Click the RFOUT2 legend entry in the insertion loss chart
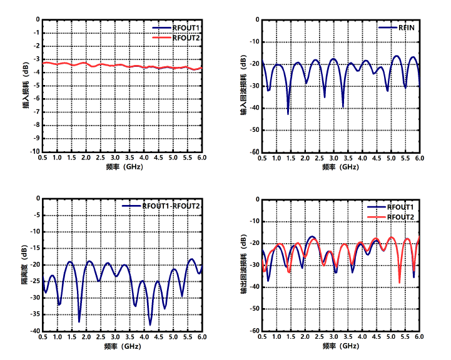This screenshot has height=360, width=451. pos(186,38)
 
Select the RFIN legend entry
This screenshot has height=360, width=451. pos(406,28)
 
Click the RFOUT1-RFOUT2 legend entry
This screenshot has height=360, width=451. pos(170,206)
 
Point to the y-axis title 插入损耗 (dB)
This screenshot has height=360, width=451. pos(26,85)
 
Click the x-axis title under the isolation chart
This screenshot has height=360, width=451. pos(123,346)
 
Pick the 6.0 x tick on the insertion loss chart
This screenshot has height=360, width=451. pos(202,159)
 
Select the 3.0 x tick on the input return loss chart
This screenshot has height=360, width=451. pos(333,159)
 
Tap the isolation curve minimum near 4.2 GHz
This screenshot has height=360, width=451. pos(150,324)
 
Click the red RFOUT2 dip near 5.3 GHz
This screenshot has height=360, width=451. pos(400,282)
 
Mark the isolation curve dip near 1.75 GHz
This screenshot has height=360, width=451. pos(79,321)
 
